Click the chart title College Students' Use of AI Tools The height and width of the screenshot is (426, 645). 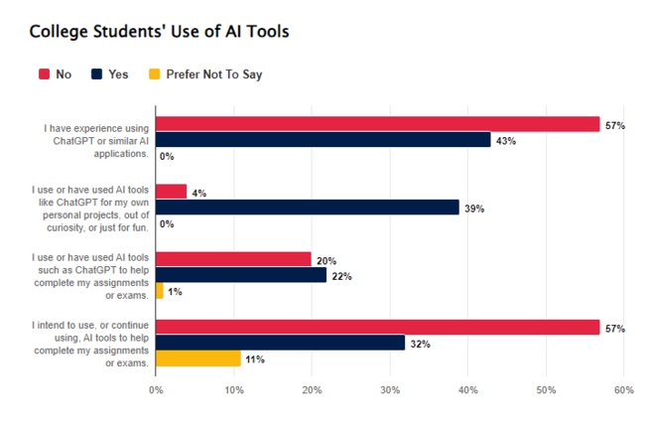[159, 31]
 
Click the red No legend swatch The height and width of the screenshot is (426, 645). [44, 73]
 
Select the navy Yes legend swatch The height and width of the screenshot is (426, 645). [96, 73]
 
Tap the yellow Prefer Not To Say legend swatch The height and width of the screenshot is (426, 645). [153, 73]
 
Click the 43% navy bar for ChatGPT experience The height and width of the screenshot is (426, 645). [323, 140]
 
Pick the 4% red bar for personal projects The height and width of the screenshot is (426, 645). [172, 192]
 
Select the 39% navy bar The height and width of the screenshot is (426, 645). [308, 208]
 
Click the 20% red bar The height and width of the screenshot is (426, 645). [234, 259]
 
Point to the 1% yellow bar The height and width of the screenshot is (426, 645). [160, 291]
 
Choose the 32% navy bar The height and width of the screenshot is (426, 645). [281, 343]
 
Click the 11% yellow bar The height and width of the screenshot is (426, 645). [198, 358]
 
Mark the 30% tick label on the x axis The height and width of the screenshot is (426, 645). [390, 390]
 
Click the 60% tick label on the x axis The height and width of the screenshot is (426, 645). [623, 390]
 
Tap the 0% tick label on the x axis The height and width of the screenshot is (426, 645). [156, 390]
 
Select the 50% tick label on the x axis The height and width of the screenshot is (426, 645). [546, 390]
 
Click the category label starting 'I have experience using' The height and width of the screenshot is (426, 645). [95, 140]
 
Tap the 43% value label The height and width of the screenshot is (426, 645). [506, 140]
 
